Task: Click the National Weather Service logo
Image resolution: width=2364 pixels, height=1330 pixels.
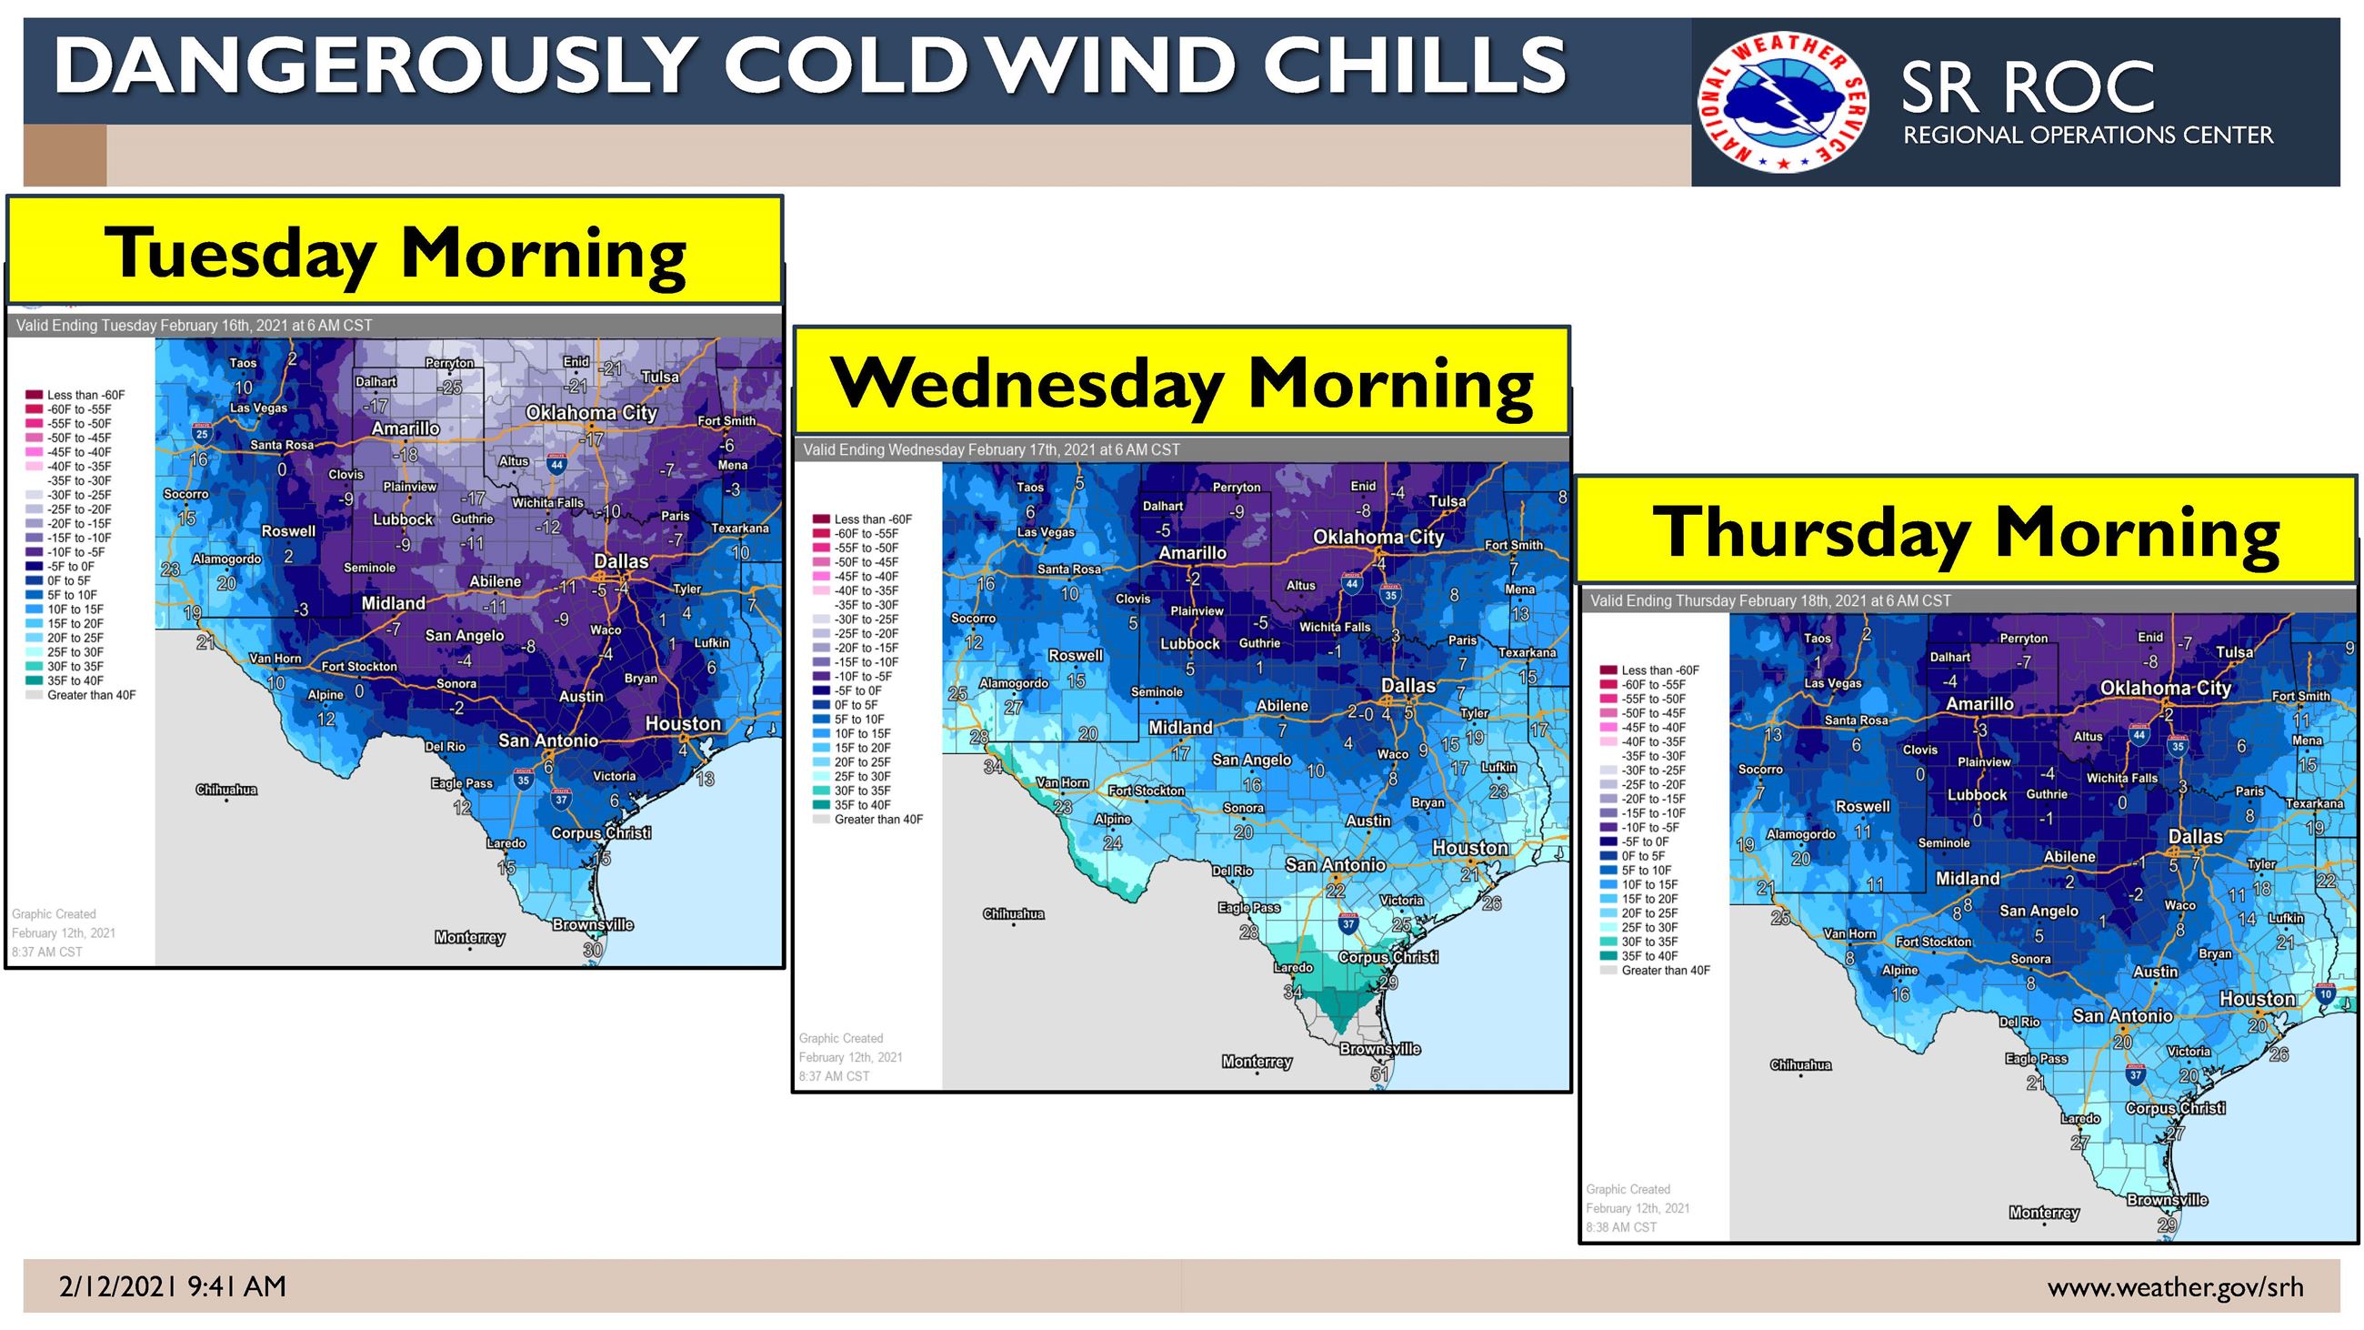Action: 1782,102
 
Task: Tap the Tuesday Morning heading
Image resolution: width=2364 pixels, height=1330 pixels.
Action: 395,252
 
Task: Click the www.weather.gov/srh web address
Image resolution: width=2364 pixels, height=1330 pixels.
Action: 2174,1287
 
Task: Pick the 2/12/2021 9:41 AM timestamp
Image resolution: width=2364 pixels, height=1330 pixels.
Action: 173,1287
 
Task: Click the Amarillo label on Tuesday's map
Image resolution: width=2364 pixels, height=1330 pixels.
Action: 405,428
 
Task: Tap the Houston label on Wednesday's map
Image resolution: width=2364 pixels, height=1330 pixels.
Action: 1470,848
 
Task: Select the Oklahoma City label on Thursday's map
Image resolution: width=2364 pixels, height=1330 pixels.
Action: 2165,689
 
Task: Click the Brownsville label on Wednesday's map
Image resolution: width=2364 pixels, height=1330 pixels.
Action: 1379,1048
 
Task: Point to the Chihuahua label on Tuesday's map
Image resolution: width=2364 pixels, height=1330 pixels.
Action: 225,790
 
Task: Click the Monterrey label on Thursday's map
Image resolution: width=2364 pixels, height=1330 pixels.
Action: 2044,1213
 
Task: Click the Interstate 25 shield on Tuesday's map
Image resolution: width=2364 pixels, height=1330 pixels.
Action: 202,433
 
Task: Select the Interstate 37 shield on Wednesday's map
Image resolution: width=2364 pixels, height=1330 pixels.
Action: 1348,923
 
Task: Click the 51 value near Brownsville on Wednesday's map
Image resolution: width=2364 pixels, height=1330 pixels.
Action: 1379,1073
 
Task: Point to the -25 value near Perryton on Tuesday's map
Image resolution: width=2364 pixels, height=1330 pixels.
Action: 450,388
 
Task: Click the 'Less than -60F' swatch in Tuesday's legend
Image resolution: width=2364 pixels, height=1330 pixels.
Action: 34,395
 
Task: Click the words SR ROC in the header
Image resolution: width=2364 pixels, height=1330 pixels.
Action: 2027,89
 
